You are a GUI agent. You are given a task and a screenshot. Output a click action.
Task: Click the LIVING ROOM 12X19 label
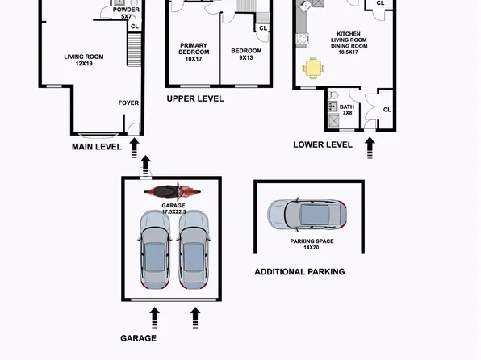79,60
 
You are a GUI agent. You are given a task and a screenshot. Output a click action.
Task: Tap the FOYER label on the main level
128,103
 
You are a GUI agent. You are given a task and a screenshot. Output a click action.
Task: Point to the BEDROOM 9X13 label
246,53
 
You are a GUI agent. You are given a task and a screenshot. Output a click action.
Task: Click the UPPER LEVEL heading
194,99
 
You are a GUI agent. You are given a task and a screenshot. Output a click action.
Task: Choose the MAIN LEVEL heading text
96,147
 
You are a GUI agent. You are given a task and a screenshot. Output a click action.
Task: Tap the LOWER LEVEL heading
323,144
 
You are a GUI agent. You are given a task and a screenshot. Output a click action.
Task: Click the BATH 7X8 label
347,109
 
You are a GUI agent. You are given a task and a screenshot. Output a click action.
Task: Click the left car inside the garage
155,250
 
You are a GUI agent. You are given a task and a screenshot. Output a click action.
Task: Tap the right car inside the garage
194,250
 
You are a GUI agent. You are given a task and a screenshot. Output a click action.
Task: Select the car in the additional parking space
307,214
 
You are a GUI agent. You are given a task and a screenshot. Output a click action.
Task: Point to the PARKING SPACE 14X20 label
312,245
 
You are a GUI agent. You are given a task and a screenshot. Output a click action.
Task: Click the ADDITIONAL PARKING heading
299,272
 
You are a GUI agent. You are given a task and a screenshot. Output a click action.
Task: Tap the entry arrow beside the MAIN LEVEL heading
135,146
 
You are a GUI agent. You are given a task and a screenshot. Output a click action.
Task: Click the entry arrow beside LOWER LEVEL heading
371,146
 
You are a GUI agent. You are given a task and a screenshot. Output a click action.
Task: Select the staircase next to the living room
135,52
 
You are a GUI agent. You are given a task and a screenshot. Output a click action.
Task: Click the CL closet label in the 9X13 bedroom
262,28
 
